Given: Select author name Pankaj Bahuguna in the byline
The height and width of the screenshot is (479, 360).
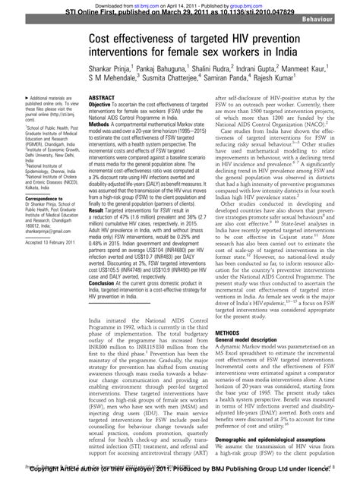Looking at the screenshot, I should [156, 75].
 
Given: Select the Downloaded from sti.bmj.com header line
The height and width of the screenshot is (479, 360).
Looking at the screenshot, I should [180, 4].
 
